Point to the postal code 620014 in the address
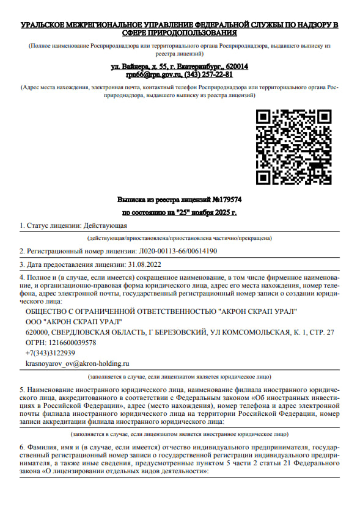point(235,66)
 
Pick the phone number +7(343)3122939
point(50,353)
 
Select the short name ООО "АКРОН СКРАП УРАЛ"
point(73,322)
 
